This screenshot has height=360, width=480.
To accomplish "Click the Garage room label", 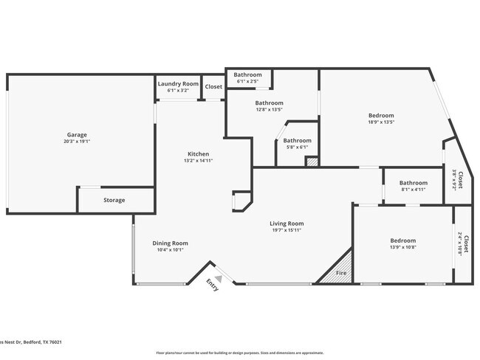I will pyautogui.click(x=78, y=134).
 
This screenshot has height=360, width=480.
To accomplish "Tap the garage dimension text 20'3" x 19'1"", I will pyautogui.click(x=78, y=141).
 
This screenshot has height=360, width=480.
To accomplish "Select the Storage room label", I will pyautogui.click(x=114, y=200).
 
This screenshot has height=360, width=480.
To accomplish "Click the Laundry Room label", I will pyautogui.click(x=178, y=84).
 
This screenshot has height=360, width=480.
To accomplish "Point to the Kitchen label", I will pyautogui.click(x=198, y=153).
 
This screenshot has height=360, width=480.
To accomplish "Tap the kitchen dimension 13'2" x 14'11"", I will pyautogui.click(x=198, y=160).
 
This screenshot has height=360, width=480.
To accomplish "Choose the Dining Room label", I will pyautogui.click(x=170, y=243).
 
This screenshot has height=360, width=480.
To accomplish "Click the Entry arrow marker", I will pyautogui.click(x=218, y=279).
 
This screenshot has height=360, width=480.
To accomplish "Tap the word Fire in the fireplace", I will pyautogui.click(x=341, y=273).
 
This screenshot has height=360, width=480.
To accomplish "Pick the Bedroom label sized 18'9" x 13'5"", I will pyautogui.click(x=381, y=115).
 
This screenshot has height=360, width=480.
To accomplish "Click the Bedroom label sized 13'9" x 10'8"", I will pyautogui.click(x=402, y=240).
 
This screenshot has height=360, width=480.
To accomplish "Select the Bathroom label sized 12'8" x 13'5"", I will pyautogui.click(x=270, y=103).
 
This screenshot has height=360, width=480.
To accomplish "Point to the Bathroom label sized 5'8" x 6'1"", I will pyautogui.click(x=298, y=140).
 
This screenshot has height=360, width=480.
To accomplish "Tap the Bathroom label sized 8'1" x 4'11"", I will pyautogui.click(x=414, y=182).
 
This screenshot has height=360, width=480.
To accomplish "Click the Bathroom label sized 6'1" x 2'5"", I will pyautogui.click(x=248, y=75).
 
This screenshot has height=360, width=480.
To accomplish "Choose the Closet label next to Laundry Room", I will pyautogui.click(x=213, y=86).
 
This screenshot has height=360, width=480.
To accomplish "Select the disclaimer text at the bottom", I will pyautogui.click(x=239, y=353).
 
